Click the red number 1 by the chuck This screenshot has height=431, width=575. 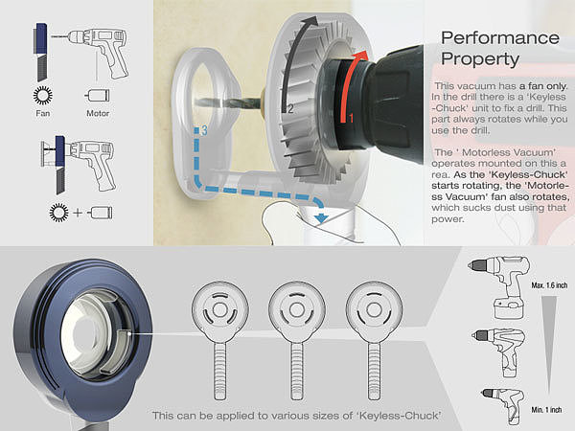tap(351, 119)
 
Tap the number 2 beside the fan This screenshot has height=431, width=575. tap(290, 109)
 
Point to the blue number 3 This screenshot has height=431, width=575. tap(204, 130)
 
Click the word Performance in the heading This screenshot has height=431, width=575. tap(500, 38)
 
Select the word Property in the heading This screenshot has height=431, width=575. tap(480, 59)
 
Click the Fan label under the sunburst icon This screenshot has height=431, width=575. tap(42, 113)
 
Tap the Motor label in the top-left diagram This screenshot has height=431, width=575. tap(98, 113)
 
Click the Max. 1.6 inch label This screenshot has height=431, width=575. tap(549, 285)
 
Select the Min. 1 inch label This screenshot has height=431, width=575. tap(546, 409)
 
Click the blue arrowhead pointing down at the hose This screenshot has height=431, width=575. tap(322, 218)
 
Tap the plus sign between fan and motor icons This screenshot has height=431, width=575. tap(78, 213)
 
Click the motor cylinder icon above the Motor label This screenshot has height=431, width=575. tap(97, 95)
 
